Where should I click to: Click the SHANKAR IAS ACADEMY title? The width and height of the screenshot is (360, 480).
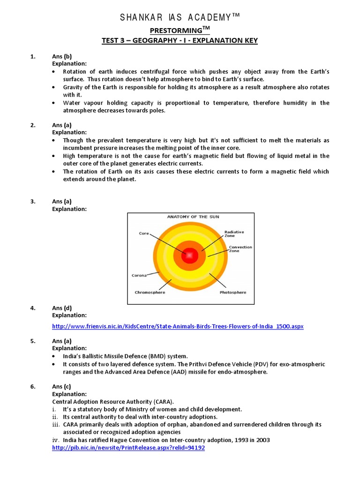180,18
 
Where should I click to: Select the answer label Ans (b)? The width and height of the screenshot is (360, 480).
62,57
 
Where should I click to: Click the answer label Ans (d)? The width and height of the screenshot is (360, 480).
62,308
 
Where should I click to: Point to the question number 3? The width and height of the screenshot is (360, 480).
33,202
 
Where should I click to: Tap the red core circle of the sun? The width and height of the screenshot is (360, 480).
190,255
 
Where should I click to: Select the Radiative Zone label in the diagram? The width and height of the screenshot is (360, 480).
234,233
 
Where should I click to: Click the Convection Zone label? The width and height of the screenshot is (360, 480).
240,249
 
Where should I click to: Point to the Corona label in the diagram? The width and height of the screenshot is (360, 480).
139,275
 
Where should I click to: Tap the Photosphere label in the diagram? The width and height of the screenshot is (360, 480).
232,292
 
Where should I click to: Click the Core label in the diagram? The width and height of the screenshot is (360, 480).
144,233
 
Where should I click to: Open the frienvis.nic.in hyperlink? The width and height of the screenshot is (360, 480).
178,326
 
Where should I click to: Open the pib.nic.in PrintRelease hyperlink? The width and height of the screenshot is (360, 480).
128,448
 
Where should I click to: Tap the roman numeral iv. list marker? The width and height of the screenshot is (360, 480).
55,440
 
